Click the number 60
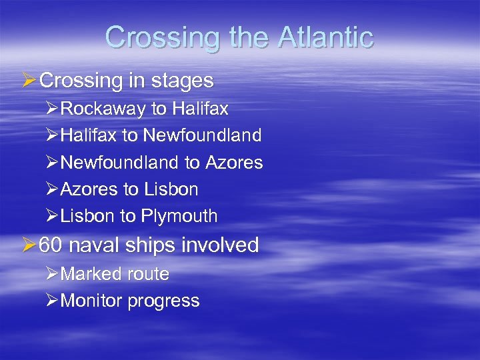point(50,245)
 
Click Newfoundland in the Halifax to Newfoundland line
point(202,136)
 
